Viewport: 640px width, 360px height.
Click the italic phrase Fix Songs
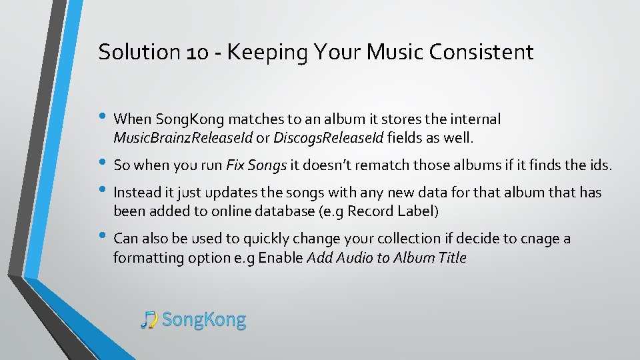point(257,164)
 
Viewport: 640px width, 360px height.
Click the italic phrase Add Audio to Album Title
point(387,258)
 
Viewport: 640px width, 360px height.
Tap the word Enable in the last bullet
point(281,258)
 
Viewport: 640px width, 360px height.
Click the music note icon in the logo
point(149,320)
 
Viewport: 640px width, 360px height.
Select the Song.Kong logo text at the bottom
point(204,320)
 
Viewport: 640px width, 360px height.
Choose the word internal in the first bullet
point(475,119)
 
